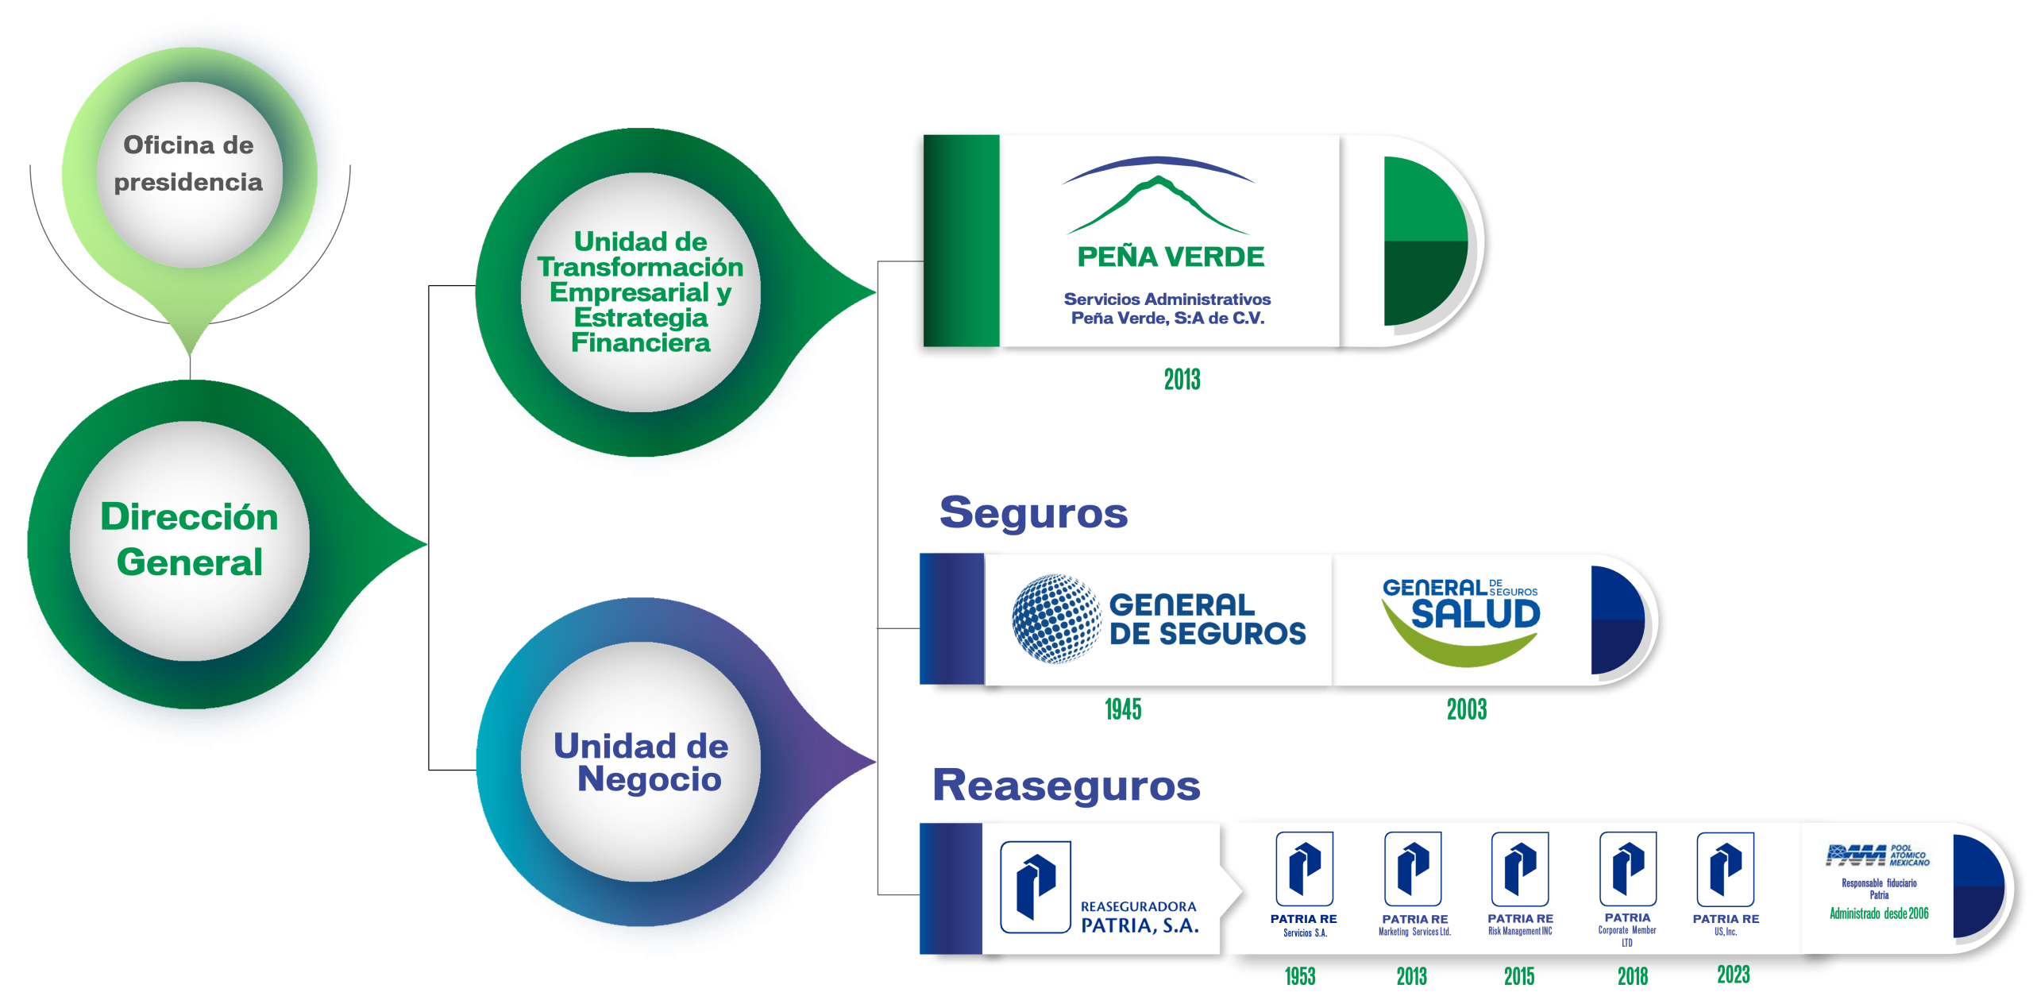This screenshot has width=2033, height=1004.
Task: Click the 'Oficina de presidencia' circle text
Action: (188, 164)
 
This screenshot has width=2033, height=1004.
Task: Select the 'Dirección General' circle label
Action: (189, 539)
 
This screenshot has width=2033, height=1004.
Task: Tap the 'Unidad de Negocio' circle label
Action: (641, 762)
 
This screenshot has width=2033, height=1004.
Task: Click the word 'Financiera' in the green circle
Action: (640, 343)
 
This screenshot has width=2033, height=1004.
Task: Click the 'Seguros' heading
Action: (1033, 512)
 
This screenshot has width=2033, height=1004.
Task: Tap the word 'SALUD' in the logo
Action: (1476, 615)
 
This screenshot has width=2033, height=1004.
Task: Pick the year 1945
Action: (1123, 709)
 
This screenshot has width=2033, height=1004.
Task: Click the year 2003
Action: (1466, 709)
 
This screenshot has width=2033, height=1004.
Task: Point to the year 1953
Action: (1300, 976)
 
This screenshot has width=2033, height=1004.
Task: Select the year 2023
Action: (1733, 975)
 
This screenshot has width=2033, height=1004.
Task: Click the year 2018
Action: (1632, 976)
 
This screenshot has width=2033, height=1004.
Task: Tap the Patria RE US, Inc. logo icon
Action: (1725, 869)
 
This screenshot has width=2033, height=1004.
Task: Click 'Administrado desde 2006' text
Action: (1879, 913)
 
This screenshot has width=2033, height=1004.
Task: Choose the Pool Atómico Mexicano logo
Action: (1877, 855)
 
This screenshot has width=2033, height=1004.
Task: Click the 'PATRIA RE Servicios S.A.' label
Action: (1303, 925)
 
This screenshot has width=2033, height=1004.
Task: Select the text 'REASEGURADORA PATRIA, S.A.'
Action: (1139, 917)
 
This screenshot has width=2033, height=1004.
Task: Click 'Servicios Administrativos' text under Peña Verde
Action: (1167, 299)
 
